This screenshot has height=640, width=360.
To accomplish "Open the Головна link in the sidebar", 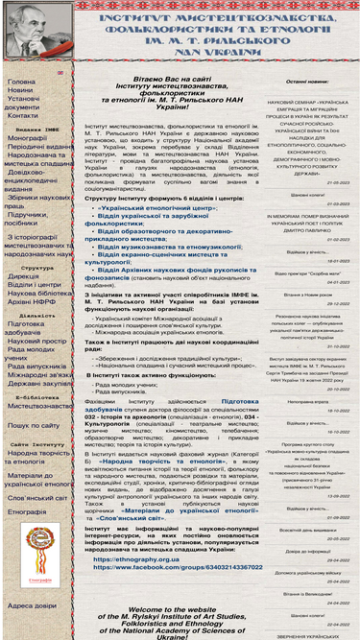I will click(21, 82).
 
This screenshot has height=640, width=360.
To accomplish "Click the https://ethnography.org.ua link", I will click(136, 557).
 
